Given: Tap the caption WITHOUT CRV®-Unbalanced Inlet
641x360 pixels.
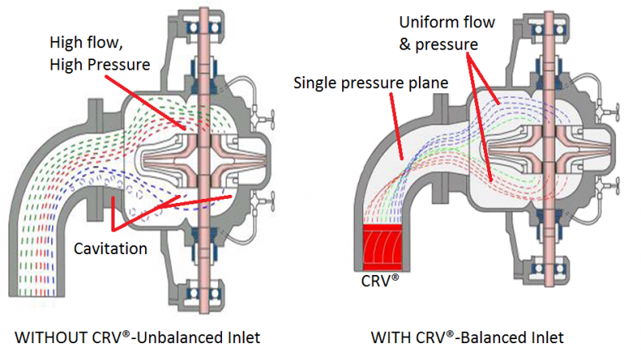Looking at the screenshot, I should tap(137, 338).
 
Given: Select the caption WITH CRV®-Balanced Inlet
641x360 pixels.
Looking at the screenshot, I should tap(467, 338).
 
